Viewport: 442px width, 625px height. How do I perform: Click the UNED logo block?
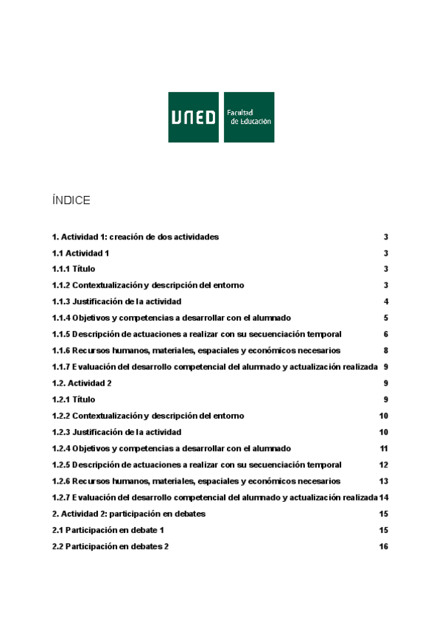pyautogui.click(x=194, y=117)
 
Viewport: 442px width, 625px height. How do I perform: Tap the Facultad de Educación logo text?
pyautogui.click(x=248, y=117)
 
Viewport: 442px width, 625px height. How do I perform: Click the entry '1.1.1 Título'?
pyautogui.click(x=73, y=269)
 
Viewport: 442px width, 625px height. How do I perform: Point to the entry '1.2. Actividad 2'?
pyautogui.click(x=82, y=383)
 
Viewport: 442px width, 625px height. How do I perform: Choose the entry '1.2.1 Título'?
pyautogui.click(x=73, y=399)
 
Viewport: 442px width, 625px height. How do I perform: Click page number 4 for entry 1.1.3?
pyautogui.click(x=385, y=301)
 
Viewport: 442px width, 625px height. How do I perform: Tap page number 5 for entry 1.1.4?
pyautogui.click(x=385, y=318)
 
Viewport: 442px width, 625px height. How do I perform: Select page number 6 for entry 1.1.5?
pyautogui.click(x=385, y=334)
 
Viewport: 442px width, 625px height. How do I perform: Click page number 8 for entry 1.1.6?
pyautogui.click(x=385, y=350)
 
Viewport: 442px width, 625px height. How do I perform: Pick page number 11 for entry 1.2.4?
pyautogui.click(x=383, y=448)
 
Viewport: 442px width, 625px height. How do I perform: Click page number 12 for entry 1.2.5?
pyautogui.click(x=383, y=465)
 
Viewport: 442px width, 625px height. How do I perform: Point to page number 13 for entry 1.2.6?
pyautogui.click(x=383, y=481)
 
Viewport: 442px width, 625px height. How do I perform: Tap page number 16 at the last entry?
pyautogui.click(x=383, y=546)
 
